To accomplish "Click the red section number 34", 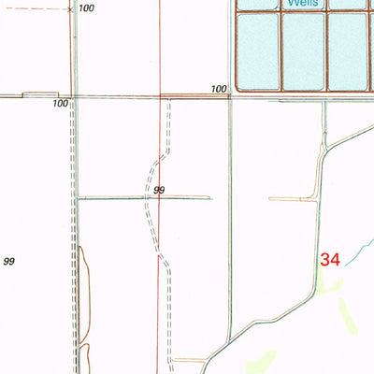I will pyautogui.click(x=330, y=260).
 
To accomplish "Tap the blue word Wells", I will pyautogui.click(x=304, y=4).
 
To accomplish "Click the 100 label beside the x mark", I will pyautogui.click(x=87, y=8).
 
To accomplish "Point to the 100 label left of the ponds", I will pyautogui.click(x=219, y=89).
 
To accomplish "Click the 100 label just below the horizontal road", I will pyautogui.click(x=61, y=104).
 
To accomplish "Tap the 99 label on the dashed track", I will pyautogui.click(x=160, y=191).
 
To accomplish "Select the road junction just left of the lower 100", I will pyautogui.click(x=74, y=96).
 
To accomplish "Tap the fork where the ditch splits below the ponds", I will pyautogui.click(x=324, y=148).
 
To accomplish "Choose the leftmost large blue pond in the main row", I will pyautogui.click(x=257, y=50).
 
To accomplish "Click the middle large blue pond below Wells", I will pyautogui.click(x=304, y=50).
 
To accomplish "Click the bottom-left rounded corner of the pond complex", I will pyautogui.click(x=237, y=90).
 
